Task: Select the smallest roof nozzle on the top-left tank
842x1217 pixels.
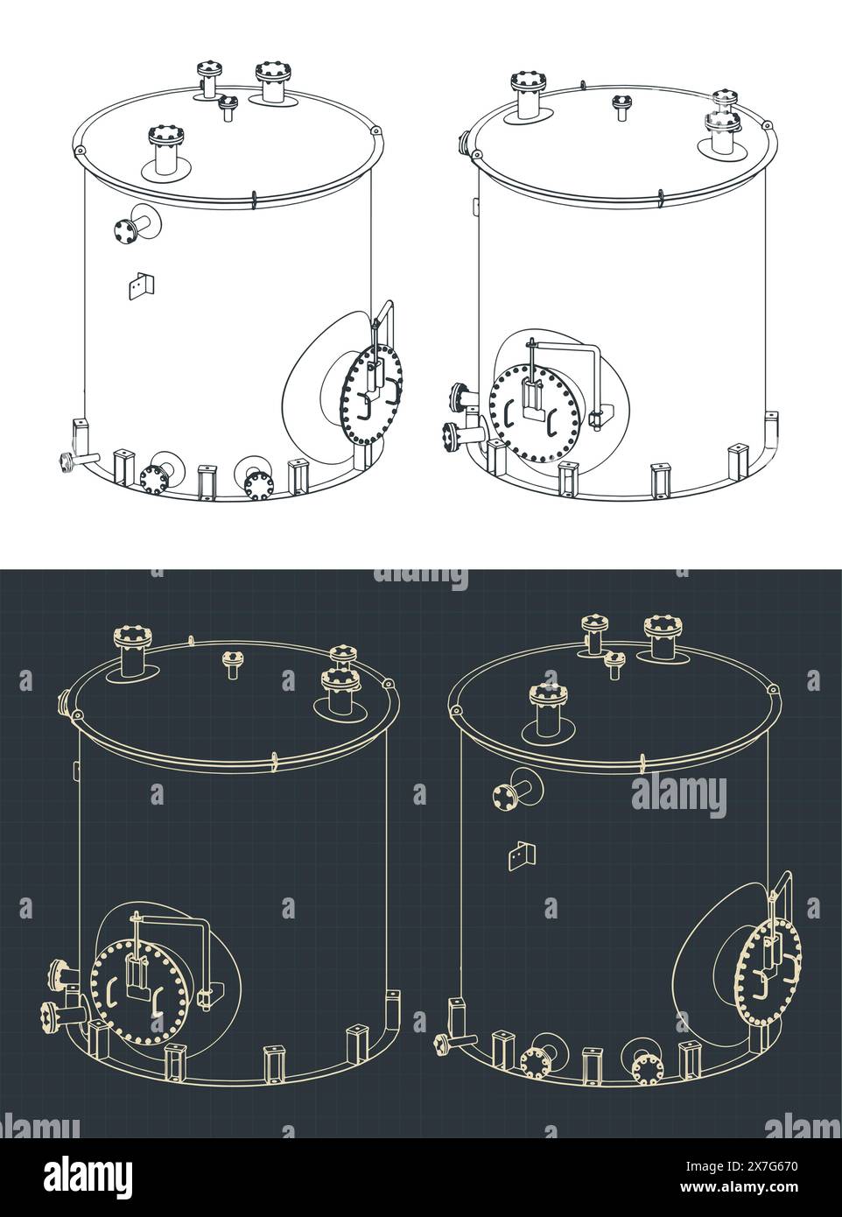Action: pyautogui.click(x=229, y=107)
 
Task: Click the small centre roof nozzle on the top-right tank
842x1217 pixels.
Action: pyautogui.click(x=621, y=106)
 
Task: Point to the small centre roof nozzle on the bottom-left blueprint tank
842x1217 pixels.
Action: pyautogui.click(x=232, y=663)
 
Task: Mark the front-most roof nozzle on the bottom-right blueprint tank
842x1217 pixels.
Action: pyautogui.click(x=547, y=709)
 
